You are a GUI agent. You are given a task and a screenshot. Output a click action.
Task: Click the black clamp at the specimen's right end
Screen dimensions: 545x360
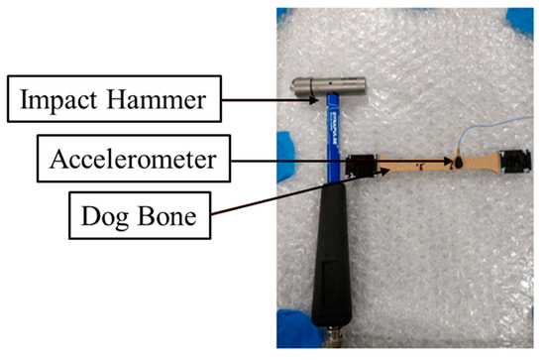518,159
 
